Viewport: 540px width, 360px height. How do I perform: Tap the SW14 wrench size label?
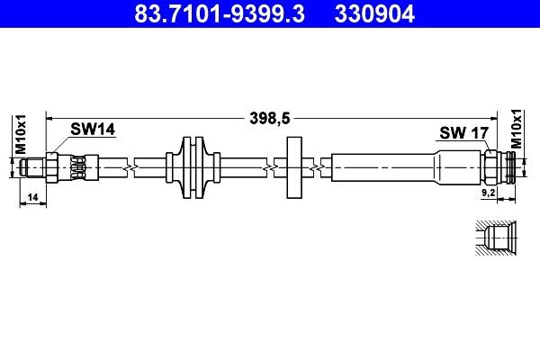coord(94,130)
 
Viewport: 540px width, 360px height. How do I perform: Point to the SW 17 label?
coord(463,133)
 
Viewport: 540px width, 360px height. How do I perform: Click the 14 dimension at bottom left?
coord(31,195)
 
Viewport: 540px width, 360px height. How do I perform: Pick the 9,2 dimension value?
coord(489,192)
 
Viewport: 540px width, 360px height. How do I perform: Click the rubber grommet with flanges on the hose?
coord(194,167)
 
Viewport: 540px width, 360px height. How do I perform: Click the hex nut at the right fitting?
coord(491,167)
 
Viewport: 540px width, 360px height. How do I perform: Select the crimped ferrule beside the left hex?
coord(78,167)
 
